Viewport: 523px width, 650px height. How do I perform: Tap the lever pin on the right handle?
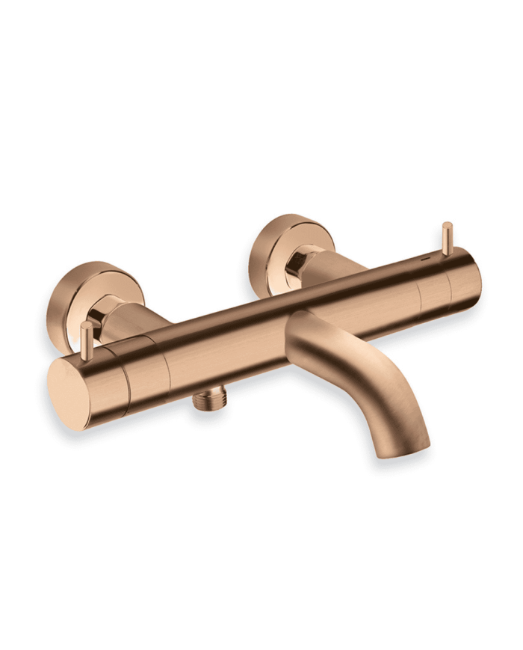tap(447, 239)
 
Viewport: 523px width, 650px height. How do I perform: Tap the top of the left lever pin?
tap(87, 325)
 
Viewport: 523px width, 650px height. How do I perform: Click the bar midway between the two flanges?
tap(247, 329)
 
